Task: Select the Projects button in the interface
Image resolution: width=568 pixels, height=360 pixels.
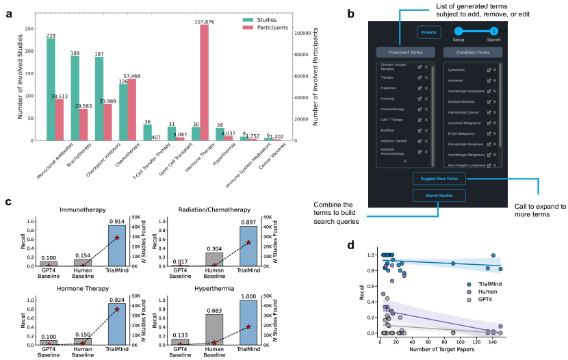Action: pos(429,32)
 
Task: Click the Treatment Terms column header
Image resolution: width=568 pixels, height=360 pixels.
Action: pos(404,52)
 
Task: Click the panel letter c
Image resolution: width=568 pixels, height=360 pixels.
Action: pos(8,203)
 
